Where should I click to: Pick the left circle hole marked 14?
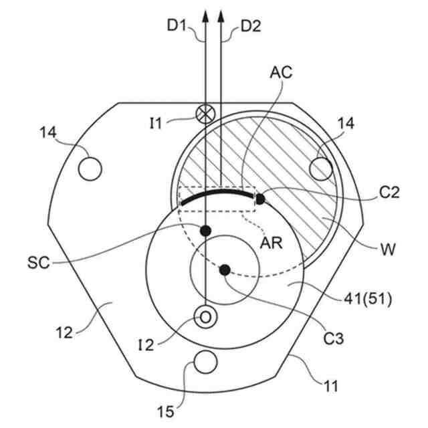[90, 167]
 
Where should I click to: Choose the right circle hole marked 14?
[321, 167]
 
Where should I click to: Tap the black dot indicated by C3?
[225, 270]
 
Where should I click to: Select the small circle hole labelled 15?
[205, 362]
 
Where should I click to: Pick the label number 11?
[331, 386]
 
